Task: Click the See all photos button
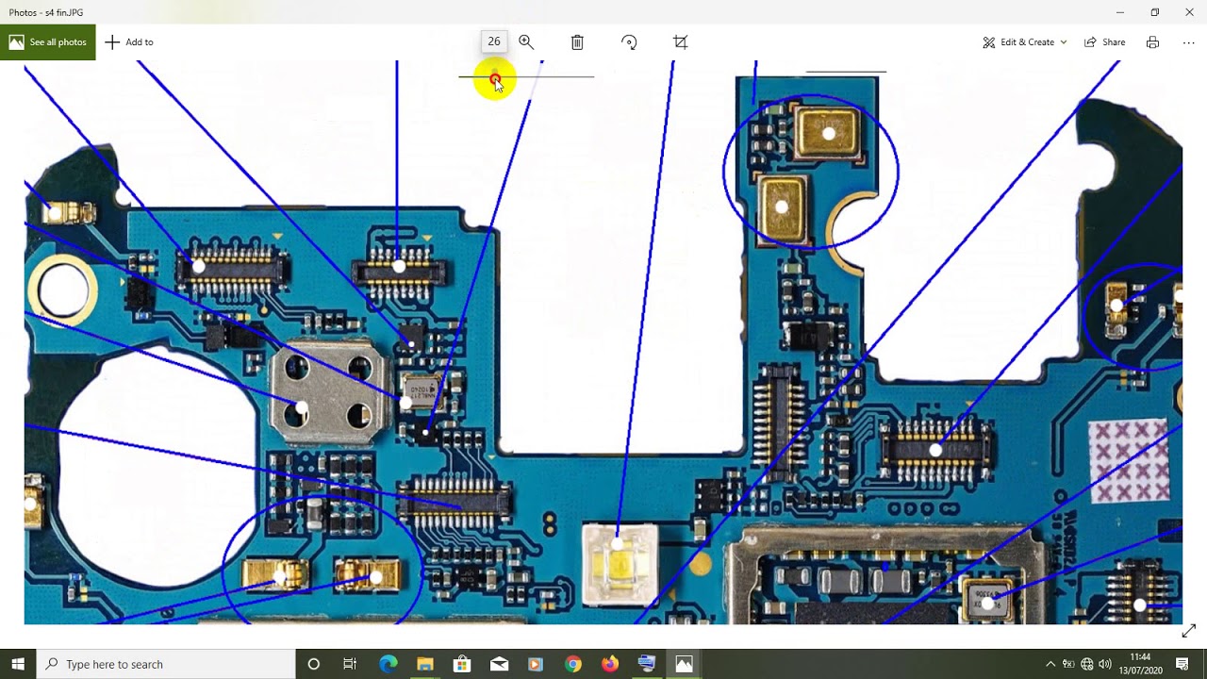pyautogui.click(x=47, y=42)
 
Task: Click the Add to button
pyautogui.click(x=129, y=42)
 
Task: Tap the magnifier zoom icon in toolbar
pyautogui.click(x=526, y=42)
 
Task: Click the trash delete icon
pyautogui.click(x=577, y=42)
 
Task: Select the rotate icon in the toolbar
pyautogui.click(x=629, y=42)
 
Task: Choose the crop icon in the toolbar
pyautogui.click(x=680, y=42)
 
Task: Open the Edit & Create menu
pyautogui.click(x=1025, y=42)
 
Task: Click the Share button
pyautogui.click(x=1104, y=42)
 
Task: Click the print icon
pyautogui.click(x=1152, y=42)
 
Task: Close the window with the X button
pyautogui.click(x=1189, y=12)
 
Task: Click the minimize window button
pyautogui.click(x=1119, y=12)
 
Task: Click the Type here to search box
pyautogui.click(x=165, y=664)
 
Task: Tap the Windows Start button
pyautogui.click(x=18, y=664)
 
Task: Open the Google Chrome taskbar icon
pyautogui.click(x=573, y=664)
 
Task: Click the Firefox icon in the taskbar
pyautogui.click(x=610, y=664)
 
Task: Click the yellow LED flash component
pyautogui.click(x=620, y=563)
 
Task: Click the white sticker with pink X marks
pyautogui.click(x=1129, y=461)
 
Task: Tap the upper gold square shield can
pyautogui.click(x=827, y=132)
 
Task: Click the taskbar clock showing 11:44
pyautogui.click(x=1140, y=663)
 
